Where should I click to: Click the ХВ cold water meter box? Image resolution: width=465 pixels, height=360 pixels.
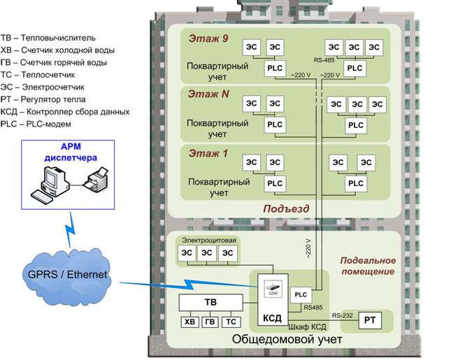point(189,322)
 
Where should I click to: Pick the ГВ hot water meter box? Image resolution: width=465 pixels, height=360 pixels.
point(210,322)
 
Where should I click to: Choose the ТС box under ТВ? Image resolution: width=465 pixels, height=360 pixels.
point(231,322)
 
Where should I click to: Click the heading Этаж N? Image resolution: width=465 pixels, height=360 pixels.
point(207,94)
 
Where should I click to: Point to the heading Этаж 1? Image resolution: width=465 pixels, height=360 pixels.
point(208,152)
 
